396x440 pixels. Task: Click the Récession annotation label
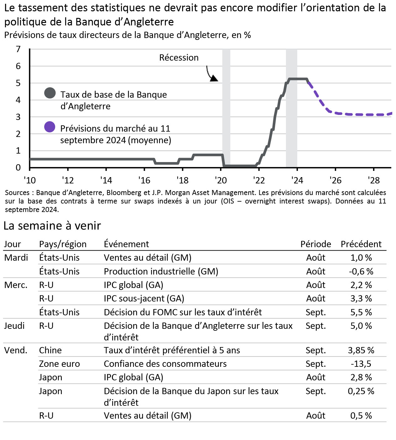coord(179,58)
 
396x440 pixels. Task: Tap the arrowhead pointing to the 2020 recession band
coord(214,79)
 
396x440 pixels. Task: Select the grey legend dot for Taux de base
coord(50,93)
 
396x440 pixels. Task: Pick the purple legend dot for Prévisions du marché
coord(50,127)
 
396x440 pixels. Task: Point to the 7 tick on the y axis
coord(18,49)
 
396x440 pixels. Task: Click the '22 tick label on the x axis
coord(259,181)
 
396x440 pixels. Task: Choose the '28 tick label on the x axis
coord(374,181)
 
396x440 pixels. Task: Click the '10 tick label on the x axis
coord(30,181)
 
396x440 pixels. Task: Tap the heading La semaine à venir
coord(52,226)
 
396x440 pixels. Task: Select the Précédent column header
coord(361,244)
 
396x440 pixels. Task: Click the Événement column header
coord(126,244)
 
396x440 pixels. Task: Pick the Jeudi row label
coord(14,326)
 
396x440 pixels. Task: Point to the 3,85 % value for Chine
coord(361,350)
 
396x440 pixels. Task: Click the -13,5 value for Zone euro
coord(361,364)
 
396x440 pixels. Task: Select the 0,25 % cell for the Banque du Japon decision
coord(361,391)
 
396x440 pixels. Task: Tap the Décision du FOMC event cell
coord(182,312)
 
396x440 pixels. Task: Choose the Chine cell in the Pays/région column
coord(50,350)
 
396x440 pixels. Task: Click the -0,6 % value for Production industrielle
coord(361,271)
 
